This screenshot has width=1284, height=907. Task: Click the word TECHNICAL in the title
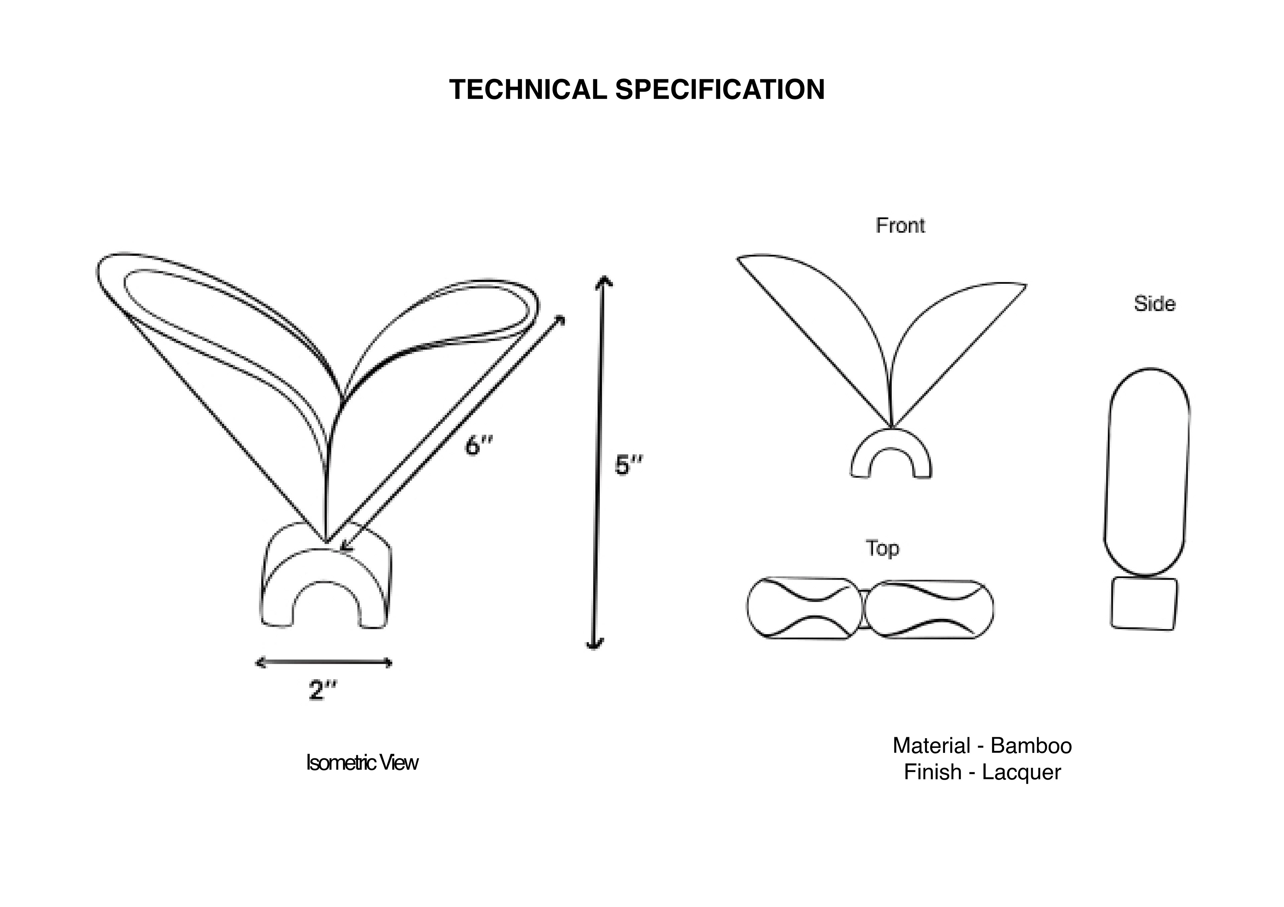(527, 90)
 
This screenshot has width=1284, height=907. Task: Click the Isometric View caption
(362, 763)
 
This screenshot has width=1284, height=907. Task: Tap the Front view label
(900, 225)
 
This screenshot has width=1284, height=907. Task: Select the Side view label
(1154, 304)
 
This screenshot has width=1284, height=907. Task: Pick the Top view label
(882, 548)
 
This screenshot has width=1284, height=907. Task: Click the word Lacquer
(1021, 772)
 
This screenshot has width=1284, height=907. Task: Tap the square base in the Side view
(1144, 604)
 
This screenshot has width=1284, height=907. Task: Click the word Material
(931, 746)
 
